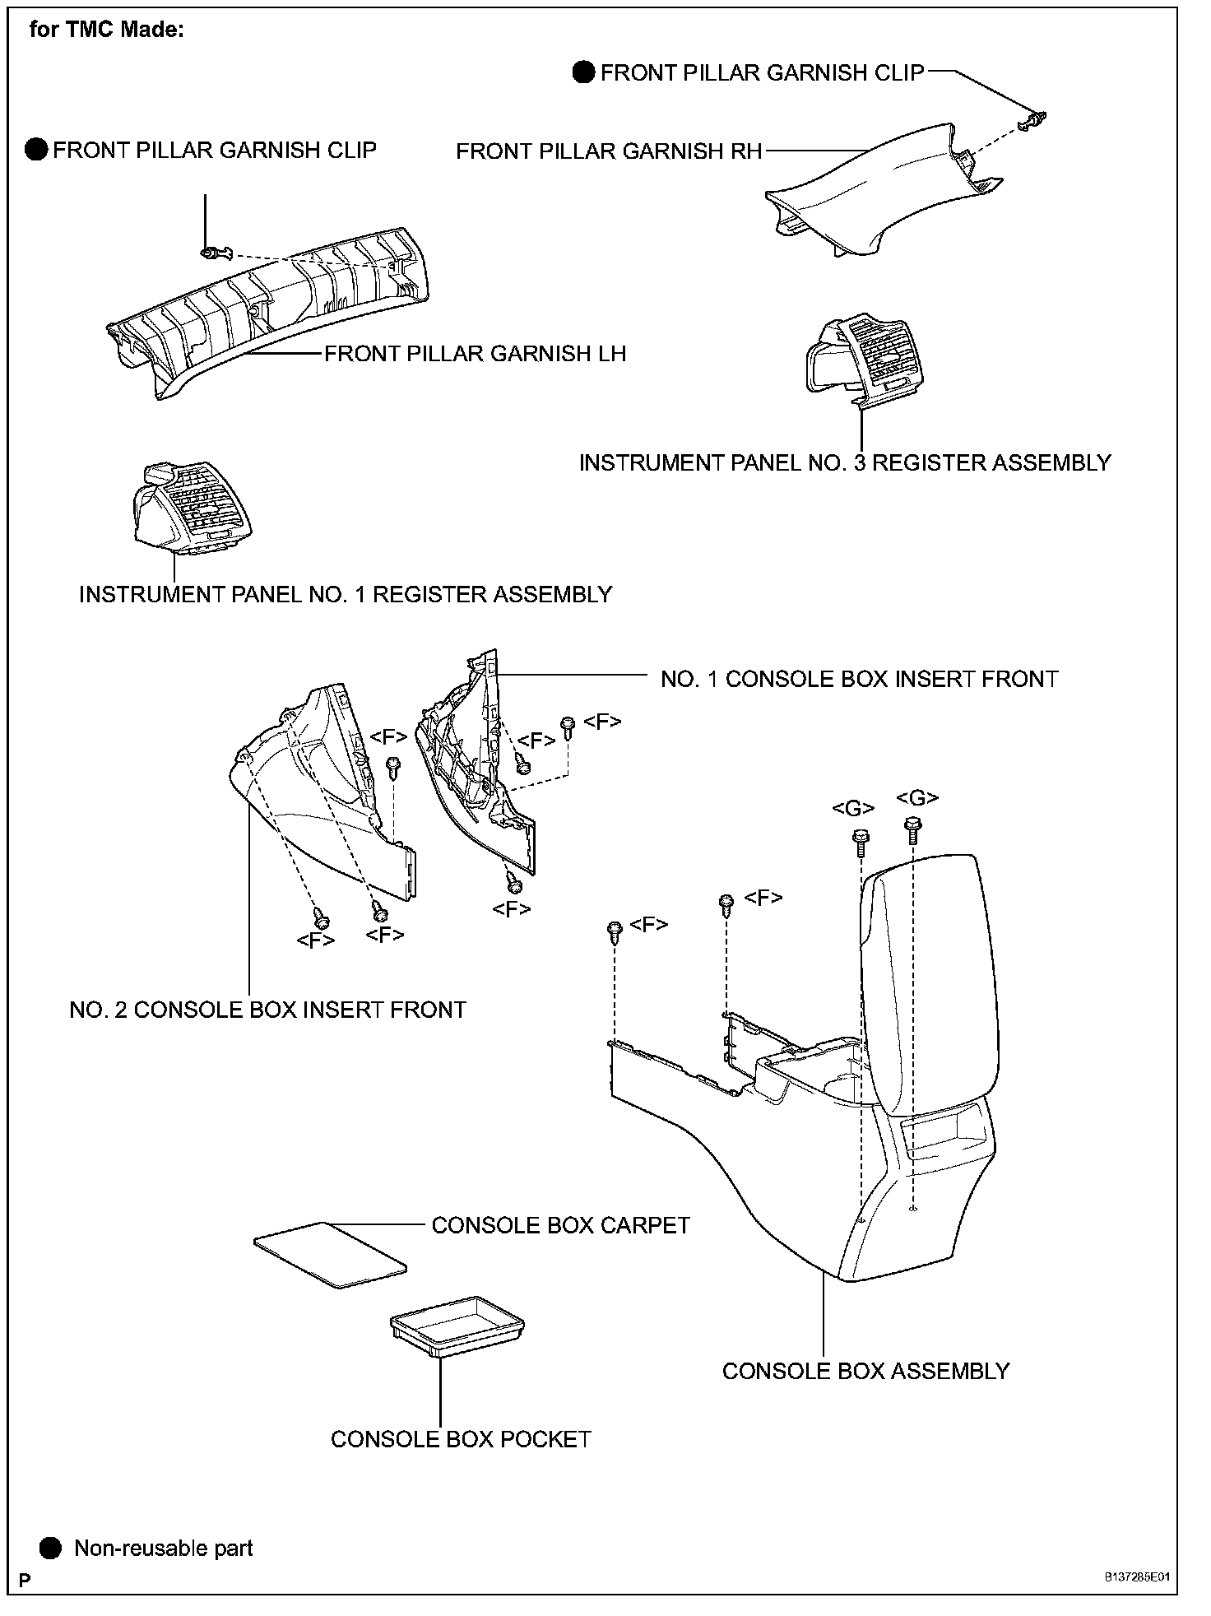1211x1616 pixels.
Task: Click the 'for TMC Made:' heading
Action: tap(107, 30)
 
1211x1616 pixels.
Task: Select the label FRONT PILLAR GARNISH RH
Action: tap(609, 151)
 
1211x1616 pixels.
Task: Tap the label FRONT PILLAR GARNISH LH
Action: tap(475, 354)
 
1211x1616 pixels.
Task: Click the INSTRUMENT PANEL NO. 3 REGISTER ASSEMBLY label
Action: tap(845, 462)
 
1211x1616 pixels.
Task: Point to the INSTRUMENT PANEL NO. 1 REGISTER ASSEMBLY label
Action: tap(346, 594)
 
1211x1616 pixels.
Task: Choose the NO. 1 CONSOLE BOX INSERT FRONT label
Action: tap(859, 679)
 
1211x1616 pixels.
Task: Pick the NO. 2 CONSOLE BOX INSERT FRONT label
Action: tap(267, 1010)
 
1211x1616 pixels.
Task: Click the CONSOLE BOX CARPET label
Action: tap(560, 1225)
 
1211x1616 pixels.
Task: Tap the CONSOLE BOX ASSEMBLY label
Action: tap(865, 1371)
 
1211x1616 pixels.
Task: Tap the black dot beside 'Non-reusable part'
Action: tap(51, 1549)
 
